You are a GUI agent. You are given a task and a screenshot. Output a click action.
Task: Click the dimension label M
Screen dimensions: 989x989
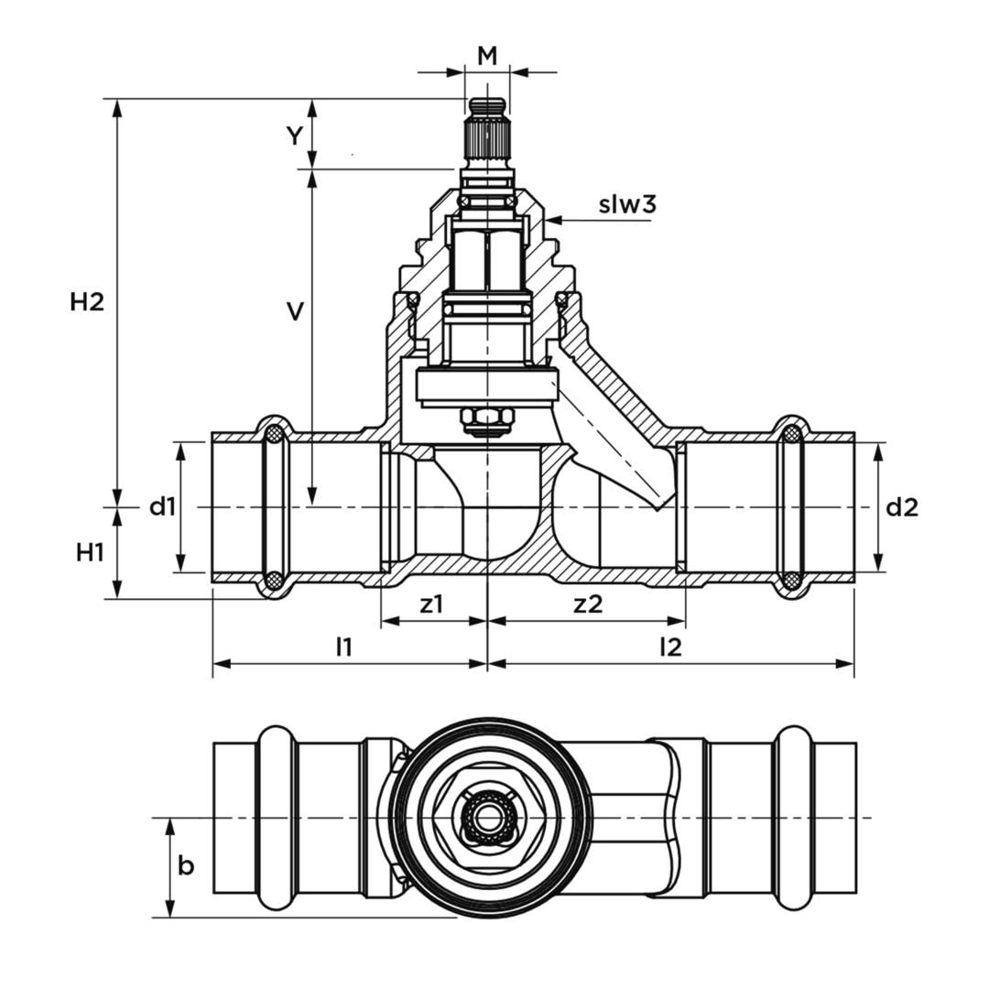(x=487, y=55)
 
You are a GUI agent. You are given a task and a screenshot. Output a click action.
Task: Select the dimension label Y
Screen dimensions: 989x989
(x=293, y=136)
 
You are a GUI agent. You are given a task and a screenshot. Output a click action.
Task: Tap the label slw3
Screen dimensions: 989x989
(x=627, y=204)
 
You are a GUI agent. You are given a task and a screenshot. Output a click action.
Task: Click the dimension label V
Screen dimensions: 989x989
(x=295, y=312)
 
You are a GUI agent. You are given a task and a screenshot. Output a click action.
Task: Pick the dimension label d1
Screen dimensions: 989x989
(x=162, y=505)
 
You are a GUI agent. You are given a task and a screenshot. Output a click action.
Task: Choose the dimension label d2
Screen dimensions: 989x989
(x=901, y=505)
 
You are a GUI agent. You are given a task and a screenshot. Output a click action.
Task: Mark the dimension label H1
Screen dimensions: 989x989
(x=89, y=552)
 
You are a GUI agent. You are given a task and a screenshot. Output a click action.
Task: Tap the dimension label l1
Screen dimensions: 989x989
(x=343, y=647)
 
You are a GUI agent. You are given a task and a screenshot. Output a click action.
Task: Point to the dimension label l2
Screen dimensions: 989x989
(x=671, y=647)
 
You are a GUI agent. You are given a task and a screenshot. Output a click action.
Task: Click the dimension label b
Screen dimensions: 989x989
(x=186, y=864)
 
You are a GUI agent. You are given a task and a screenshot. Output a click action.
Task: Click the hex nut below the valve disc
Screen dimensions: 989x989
(x=486, y=419)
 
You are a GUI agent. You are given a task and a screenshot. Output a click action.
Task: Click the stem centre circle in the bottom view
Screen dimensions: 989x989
(x=486, y=816)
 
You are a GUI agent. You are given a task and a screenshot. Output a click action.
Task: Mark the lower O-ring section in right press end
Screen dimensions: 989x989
(x=792, y=581)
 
